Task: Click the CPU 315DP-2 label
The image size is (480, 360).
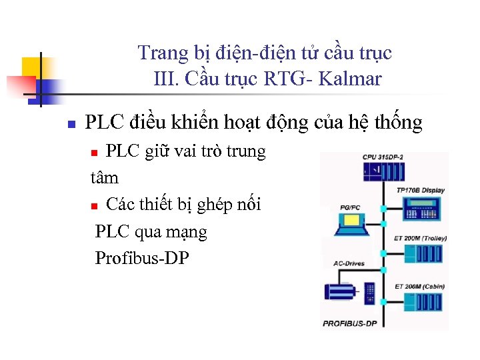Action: [383, 157]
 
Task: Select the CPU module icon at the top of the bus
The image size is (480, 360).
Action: [383, 172]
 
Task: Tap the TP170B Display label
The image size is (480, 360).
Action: [420, 191]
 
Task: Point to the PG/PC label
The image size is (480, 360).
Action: [350, 208]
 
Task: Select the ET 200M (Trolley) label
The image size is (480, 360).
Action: [421, 238]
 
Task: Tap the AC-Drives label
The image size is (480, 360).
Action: [349, 263]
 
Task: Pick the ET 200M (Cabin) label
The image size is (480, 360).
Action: [419, 286]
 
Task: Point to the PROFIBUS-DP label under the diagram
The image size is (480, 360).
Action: [350, 323]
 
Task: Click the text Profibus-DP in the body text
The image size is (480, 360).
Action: [142, 258]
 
